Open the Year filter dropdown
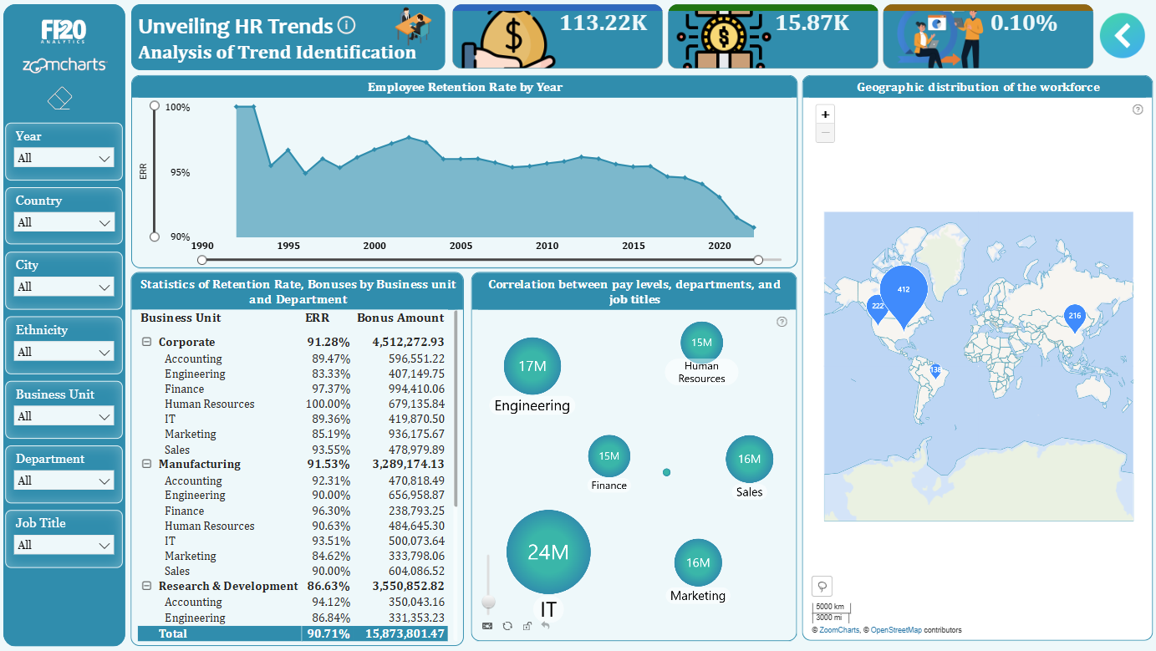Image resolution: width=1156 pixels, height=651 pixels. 64,158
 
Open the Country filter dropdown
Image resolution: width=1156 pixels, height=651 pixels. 64,222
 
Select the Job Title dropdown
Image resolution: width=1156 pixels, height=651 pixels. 64,545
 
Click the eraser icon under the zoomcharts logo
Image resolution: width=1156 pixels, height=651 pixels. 60,98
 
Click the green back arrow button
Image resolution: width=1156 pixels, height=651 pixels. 1122,36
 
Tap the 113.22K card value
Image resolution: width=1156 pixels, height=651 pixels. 603,23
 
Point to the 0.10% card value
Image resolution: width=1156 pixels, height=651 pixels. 1023,23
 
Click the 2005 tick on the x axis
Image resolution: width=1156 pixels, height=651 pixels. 461,246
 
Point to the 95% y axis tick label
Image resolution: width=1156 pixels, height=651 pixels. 180,172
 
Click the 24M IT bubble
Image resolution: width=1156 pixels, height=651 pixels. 548,552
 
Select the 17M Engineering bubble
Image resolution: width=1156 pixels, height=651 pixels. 532,366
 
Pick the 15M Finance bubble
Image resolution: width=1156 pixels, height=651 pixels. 609,456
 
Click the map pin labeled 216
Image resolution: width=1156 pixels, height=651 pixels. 1074,317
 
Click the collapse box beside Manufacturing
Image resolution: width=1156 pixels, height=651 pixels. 146,464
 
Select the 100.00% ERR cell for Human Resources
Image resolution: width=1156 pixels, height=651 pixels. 328,404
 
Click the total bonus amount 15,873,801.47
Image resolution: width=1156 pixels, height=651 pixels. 405,633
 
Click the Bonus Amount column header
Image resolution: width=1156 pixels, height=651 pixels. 400,318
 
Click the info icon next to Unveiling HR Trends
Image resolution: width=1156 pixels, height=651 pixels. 346,25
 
